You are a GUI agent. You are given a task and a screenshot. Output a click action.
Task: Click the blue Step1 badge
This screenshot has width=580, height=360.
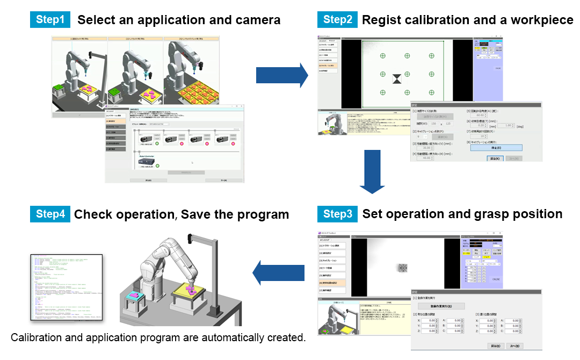[50, 20]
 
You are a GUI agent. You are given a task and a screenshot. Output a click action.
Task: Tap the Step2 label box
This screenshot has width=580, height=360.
[337, 20]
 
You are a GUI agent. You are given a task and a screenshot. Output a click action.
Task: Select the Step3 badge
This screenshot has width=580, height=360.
[337, 214]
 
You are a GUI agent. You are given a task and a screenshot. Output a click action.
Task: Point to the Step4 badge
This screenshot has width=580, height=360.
[50, 214]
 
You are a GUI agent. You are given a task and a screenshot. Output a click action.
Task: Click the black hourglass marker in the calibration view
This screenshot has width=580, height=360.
[397, 79]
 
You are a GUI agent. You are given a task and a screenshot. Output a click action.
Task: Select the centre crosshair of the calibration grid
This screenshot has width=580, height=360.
[407, 74]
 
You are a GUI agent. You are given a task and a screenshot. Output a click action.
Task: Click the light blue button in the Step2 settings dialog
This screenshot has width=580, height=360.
[494, 148]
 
